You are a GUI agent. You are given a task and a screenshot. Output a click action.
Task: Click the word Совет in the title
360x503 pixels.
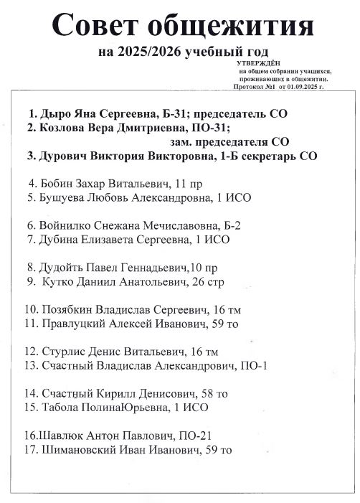tap(98, 27)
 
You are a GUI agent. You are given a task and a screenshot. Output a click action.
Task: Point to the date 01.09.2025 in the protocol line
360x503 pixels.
tap(300, 86)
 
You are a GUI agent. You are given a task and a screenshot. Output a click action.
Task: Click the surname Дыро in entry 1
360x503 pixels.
tap(53, 114)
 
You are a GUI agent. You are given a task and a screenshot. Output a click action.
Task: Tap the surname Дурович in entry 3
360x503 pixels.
tap(64, 156)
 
